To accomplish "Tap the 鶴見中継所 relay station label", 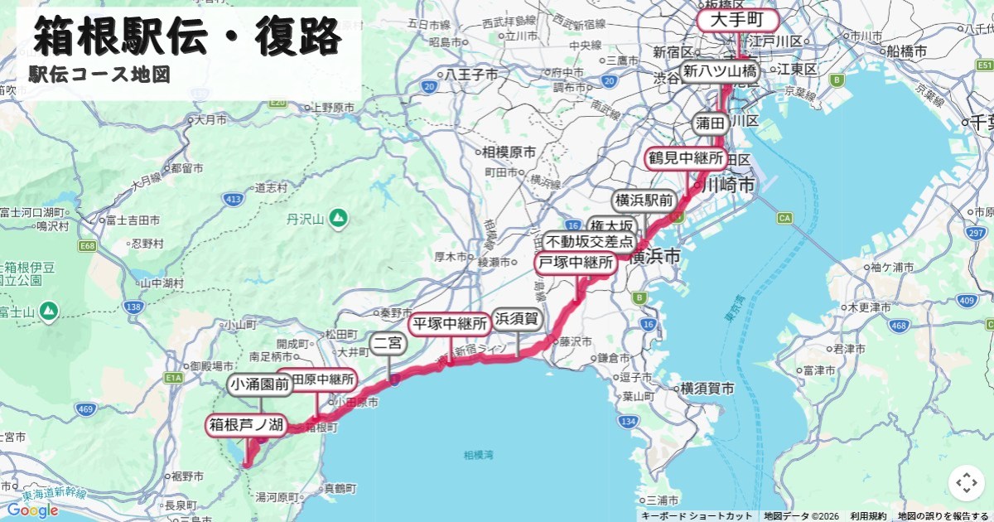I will tap(686, 157).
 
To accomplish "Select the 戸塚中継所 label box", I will tap(577, 263).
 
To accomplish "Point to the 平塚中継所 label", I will tap(451, 323).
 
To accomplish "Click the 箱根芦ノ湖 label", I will tap(246, 426).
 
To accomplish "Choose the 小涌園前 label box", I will tap(260, 384).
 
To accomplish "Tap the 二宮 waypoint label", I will tap(388, 342).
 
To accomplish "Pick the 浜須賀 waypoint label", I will tap(517, 319).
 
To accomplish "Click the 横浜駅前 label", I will tap(644, 201).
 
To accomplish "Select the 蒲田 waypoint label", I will tap(711, 123).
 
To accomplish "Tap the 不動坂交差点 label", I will tap(590, 243).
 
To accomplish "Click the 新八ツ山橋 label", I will tap(719, 71).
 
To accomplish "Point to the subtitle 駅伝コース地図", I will tap(99, 75).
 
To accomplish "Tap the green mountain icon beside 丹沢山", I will tap(337, 219).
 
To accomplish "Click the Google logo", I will tap(33, 510).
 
